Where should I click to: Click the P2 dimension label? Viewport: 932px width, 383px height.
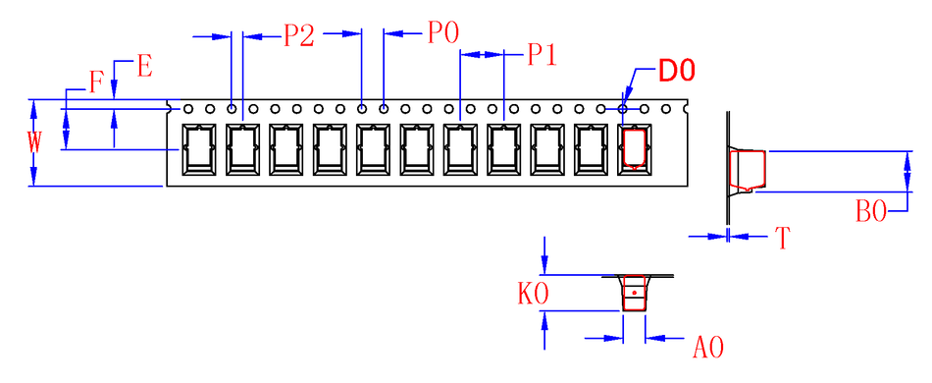pos(299,35)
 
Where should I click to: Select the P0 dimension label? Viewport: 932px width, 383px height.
pos(443,33)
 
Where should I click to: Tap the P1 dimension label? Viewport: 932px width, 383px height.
pos(542,55)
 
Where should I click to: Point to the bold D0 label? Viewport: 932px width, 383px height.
pos(676,71)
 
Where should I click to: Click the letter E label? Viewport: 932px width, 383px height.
pos(144,66)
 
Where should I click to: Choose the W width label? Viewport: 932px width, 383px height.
pos(34,143)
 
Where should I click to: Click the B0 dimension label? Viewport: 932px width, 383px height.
pos(871,211)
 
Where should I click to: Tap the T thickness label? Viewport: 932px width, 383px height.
pos(784,239)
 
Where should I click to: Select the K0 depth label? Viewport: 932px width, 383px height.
pos(533,295)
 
